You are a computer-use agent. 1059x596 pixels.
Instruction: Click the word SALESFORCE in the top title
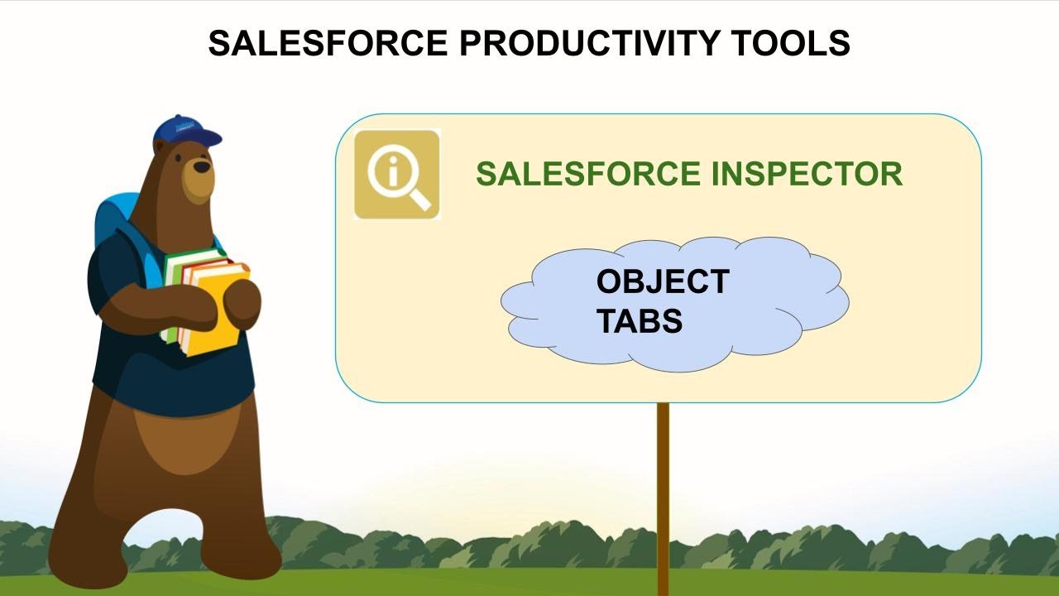(x=328, y=43)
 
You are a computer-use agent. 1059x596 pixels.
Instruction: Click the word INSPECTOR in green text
(x=807, y=174)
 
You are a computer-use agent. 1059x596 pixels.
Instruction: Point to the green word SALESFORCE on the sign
(x=588, y=174)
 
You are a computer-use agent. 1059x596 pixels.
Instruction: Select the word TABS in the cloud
(x=640, y=320)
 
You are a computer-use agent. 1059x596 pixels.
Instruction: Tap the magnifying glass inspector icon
(x=397, y=175)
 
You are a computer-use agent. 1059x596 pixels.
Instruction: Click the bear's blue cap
(x=186, y=131)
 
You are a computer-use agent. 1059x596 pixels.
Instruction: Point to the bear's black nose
(x=202, y=167)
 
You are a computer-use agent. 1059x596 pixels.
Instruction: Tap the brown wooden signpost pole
(x=664, y=499)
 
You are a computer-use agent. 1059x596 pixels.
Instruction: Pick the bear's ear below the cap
(x=160, y=147)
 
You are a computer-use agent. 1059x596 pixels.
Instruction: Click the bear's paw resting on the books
(x=242, y=303)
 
